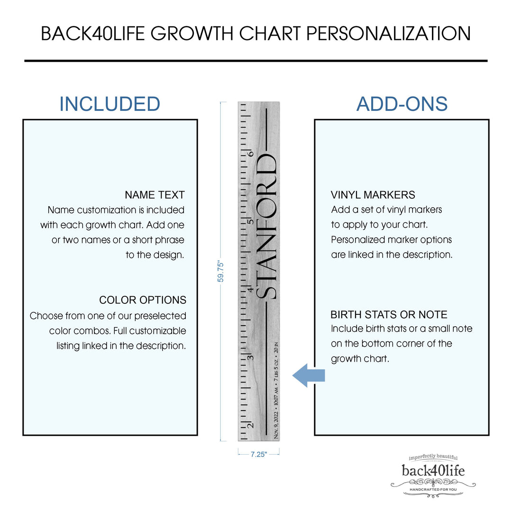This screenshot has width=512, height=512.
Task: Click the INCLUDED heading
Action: (x=110, y=104)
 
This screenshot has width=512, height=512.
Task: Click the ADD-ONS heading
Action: (x=402, y=104)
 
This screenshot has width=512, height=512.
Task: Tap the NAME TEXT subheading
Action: (x=155, y=195)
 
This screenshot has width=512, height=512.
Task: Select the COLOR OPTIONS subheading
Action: (x=143, y=300)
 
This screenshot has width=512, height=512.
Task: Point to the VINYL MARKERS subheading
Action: (x=373, y=195)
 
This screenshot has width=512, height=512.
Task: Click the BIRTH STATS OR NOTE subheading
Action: (x=389, y=314)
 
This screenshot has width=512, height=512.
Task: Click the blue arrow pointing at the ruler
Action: (x=309, y=375)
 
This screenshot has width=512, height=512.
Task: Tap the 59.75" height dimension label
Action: (x=221, y=272)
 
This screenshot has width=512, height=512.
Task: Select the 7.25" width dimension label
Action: (x=259, y=454)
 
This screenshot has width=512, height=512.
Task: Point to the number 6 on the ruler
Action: (x=250, y=154)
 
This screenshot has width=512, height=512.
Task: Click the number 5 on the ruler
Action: (x=250, y=222)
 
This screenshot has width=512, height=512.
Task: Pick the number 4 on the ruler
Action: (x=250, y=290)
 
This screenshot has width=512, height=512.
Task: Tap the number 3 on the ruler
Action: (x=250, y=357)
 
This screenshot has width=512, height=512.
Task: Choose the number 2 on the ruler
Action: (x=250, y=425)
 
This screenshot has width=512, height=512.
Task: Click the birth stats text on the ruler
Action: (x=276, y=391)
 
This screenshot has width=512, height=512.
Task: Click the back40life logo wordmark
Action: (x=433, y=471)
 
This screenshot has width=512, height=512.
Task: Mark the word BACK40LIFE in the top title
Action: (x=93, y=33)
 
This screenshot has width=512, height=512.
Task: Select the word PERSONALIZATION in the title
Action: (x=389, y=33)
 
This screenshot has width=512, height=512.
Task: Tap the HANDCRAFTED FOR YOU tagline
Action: (x=433, y=489)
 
